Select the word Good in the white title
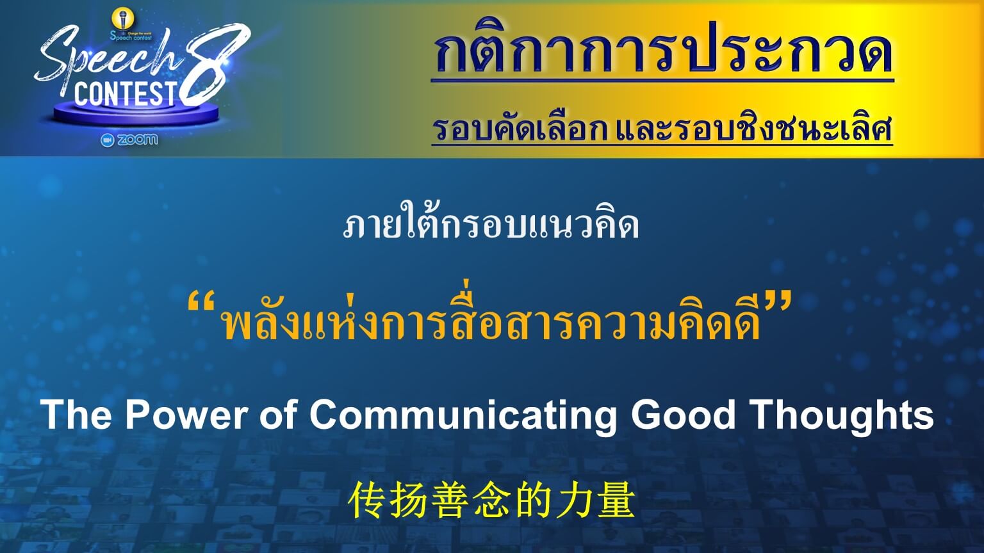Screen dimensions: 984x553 pyautogui.click(x=683, y=415)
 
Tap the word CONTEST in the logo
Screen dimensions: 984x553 pyautogui.click(x=126, y=93)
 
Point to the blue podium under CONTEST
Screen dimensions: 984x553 pyautogui.click(x=136, y=114)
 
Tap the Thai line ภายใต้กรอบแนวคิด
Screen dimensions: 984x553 pyautogui.click(x=491, y=225)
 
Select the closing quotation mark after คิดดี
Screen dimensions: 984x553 pyautogui.click(x=778, y=303)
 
